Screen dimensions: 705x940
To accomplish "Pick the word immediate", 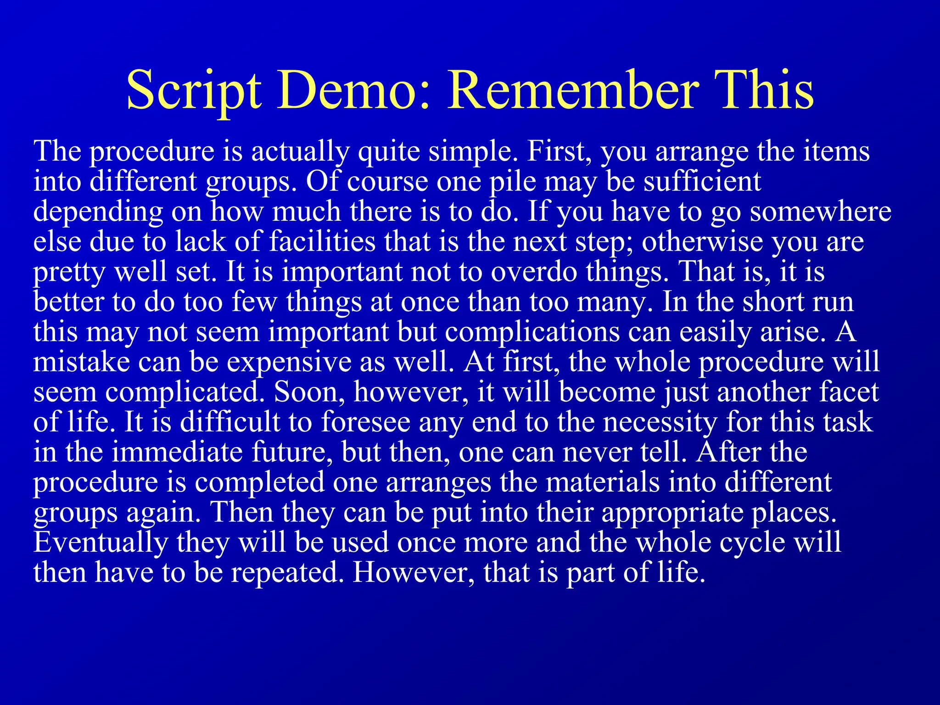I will (x=177, y=452).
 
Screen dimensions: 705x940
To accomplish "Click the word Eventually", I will (x=101, y=543).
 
